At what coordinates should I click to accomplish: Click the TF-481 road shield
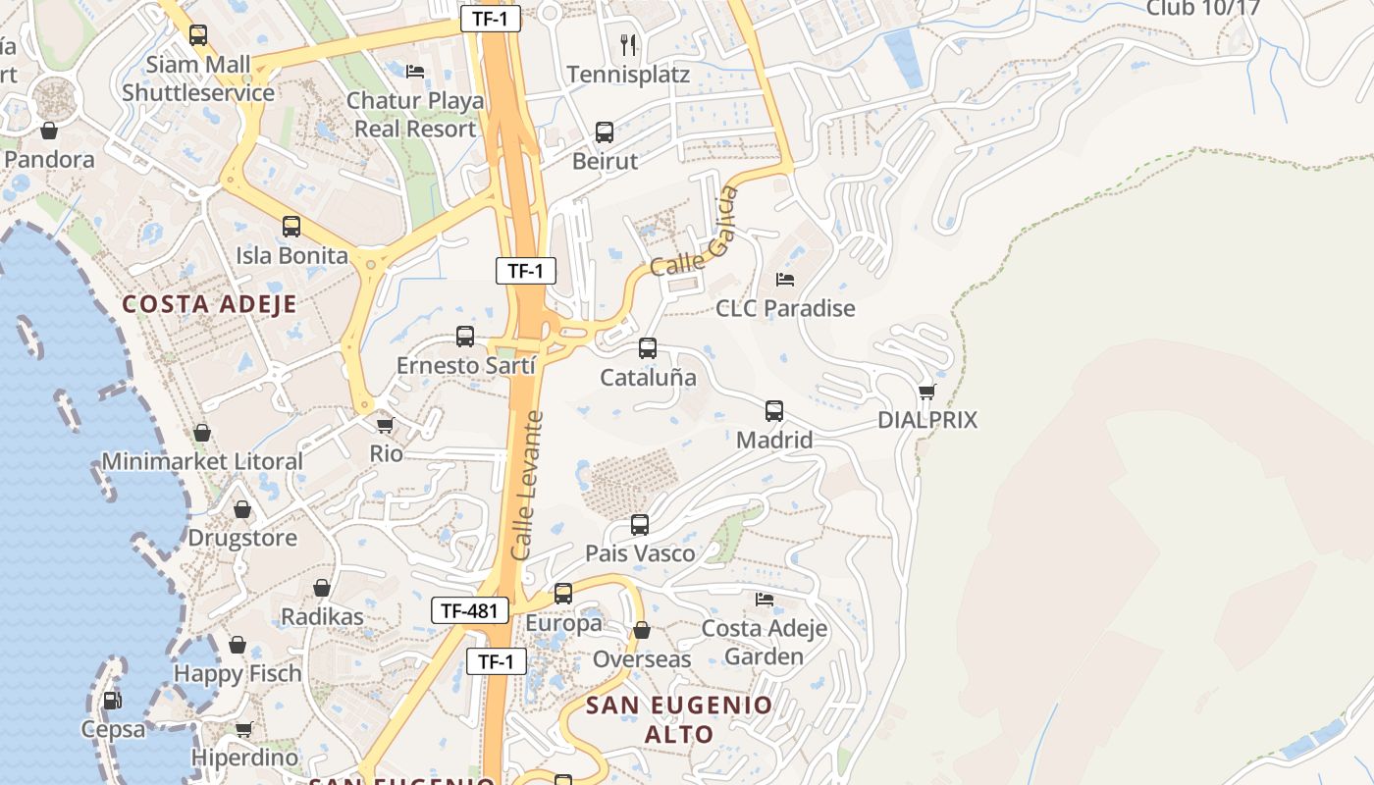pos(470,610)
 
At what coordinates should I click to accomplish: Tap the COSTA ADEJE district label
pos(209,304)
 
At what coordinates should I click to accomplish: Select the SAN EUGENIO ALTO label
pos(679,719)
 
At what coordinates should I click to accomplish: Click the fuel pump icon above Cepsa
pos(112,701)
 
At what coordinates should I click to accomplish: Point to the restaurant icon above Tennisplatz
pos(628,44)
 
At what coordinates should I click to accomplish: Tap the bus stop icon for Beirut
pos(605,131)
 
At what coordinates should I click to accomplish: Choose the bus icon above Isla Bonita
pos(291,227)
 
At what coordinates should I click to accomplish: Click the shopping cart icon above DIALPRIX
pos(926,392)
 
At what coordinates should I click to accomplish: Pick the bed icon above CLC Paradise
pos(785,280)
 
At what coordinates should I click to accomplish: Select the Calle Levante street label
pos(528,486)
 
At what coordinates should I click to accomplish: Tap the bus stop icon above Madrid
pos(774,411)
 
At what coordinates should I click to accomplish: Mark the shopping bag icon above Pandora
pos(49,130)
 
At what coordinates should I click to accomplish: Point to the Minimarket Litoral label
pos(202,461)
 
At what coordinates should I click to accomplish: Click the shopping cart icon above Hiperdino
pos(243,729)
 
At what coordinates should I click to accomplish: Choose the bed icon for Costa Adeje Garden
pos(765,599)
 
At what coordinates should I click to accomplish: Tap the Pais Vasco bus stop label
pos(640,553)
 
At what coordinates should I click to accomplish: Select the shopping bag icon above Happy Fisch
pos(238,645)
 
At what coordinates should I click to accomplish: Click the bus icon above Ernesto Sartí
pos(465,337)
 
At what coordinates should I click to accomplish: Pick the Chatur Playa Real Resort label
pos(415,115)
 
